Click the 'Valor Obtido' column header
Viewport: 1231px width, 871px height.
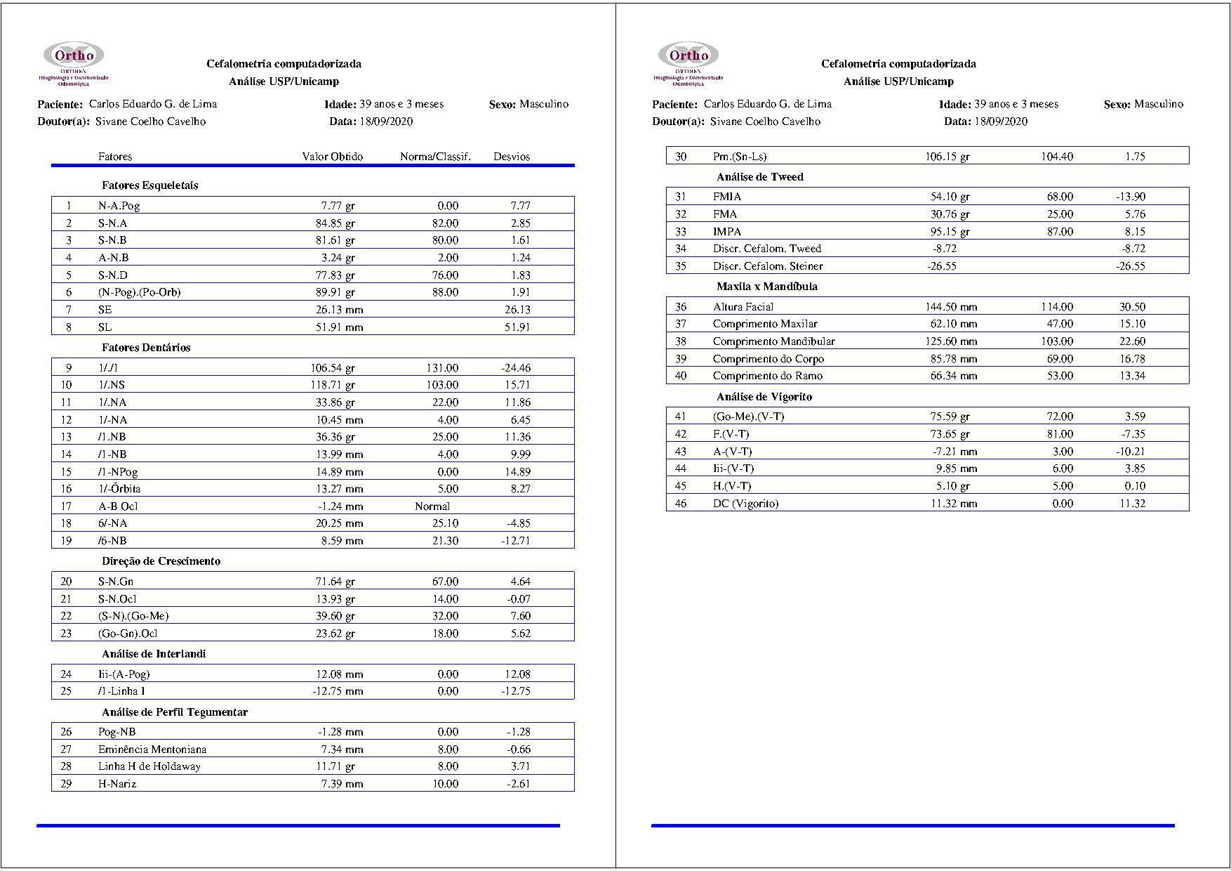pos(332,157)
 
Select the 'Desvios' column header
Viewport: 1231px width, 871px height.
pos(511,157)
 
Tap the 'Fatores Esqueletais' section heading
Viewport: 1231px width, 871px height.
pos(149,185)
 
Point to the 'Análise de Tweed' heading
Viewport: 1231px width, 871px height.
pos(759,177)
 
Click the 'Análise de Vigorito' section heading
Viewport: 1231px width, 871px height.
pos(764,397)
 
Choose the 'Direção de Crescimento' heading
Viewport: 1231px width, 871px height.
pos(161,561)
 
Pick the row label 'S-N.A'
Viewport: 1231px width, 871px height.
pos(112,223)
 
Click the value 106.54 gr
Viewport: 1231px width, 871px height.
pos(333,368)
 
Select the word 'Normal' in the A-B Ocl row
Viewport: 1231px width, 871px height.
pos(432,506)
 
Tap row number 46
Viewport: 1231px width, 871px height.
pos(680,504)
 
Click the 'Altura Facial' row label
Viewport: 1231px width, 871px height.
pos(743,307)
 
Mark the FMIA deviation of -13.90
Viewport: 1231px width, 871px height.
pos(1130,197)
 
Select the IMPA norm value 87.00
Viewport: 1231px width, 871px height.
pos(1059,232)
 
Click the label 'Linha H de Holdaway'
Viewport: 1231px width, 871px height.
pos(149,766)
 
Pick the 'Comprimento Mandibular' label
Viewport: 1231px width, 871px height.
pos(773,341)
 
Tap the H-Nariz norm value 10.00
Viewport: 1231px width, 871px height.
pos(445,784)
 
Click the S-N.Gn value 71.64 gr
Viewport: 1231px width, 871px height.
pos(335,582)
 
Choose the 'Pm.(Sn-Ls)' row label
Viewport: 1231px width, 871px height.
pos(739,157)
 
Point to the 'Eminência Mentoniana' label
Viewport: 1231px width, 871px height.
pos(152,749)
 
